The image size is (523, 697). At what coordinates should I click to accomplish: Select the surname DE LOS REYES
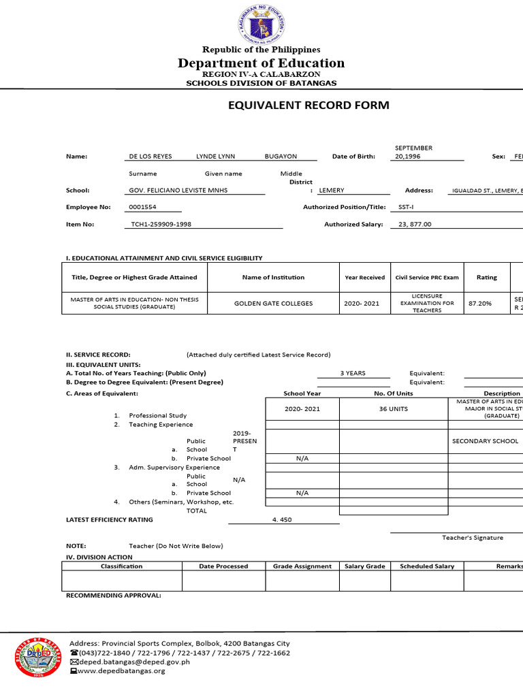[x=150, y=157]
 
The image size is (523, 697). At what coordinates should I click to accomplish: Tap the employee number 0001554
[x=143, y=207]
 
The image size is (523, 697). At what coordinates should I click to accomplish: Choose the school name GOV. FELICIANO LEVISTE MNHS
[x=178, y=191]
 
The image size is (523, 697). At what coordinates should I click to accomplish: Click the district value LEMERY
[x=332, y=191]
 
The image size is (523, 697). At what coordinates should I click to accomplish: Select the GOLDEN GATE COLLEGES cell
[x=273, y=304]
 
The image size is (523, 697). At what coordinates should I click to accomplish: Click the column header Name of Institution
[x=273, y=278]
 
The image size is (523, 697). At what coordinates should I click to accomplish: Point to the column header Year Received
[x=364, y=278]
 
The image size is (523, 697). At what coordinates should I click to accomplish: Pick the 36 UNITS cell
[x=393, y=409]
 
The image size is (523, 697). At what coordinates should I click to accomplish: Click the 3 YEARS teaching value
[x=353, y=373]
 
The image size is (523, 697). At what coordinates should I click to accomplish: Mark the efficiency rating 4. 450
[x=282, y=519]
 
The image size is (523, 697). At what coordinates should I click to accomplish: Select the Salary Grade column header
[x=365, y=566]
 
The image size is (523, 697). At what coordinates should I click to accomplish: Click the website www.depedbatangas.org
[x=122, y=671]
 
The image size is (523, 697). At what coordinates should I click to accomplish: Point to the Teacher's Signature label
[x=473, y=538]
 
